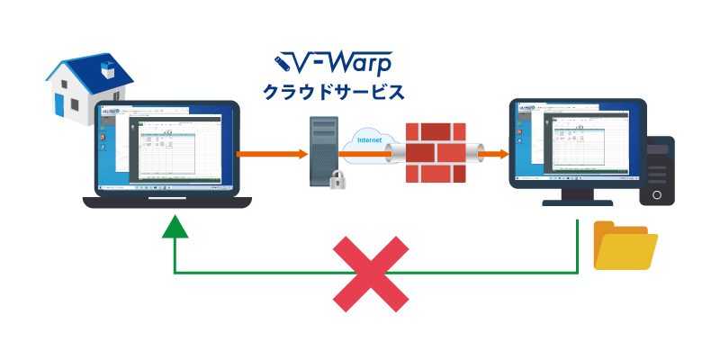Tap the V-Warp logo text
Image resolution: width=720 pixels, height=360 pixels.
point(332,63)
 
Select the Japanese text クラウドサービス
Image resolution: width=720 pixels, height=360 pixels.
point(332,92)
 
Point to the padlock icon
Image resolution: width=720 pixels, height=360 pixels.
point(338,179)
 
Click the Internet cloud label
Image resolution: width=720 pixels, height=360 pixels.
point(369,140)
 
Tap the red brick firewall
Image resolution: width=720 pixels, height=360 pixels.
point(436,153)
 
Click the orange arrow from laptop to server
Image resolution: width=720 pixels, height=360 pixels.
point(270,154)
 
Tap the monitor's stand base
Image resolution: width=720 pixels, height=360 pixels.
point(576,201)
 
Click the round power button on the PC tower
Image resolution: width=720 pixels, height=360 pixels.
point(657,194)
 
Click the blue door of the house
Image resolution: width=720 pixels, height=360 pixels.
point(60,103)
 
